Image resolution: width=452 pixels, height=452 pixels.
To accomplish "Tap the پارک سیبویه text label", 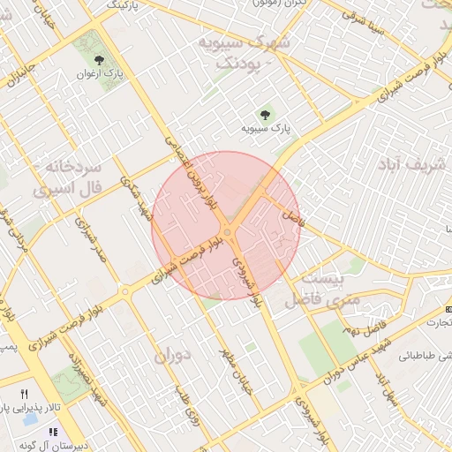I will tap(267, 128).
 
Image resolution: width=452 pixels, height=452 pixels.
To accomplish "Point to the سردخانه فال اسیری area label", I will tap(68, 177).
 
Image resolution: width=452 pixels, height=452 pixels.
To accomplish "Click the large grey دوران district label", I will tap(171, 356).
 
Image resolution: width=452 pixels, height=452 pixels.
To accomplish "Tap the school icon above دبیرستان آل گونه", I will tap(52, 433).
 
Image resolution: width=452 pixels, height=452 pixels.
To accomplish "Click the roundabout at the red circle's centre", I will tap(228, 231).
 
